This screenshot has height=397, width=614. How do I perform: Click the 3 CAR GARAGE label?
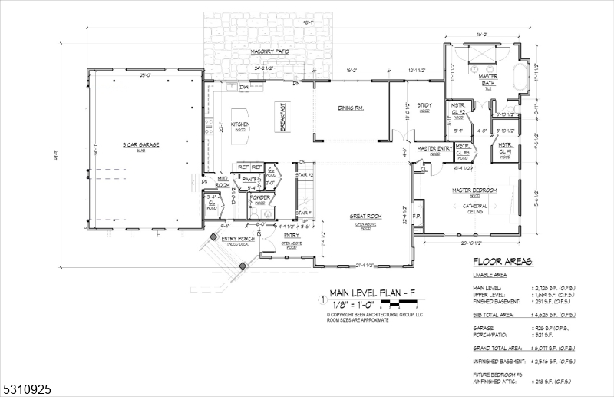140,144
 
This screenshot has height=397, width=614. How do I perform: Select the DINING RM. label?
350,108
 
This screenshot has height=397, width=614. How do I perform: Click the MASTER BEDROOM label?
474,190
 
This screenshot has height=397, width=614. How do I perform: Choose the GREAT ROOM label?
364,217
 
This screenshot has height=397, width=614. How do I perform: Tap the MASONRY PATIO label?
269,51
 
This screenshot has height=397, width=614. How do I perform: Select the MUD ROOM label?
223,182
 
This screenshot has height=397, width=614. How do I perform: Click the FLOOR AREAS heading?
503,263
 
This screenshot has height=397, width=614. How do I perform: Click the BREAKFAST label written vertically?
282,118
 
